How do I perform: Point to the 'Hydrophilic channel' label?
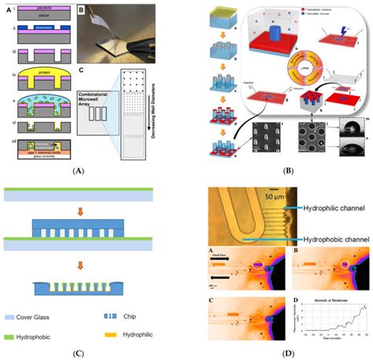[x=323, y=223]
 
